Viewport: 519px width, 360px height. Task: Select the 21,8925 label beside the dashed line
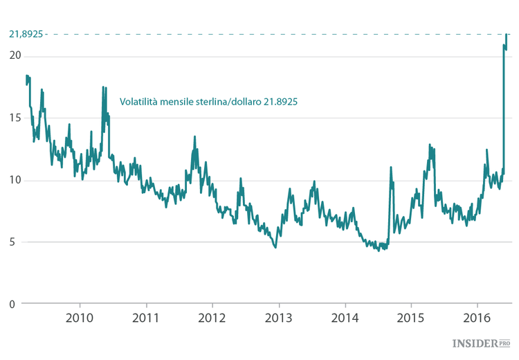click(26, 33)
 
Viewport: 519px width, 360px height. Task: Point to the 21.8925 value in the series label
click(280, 101)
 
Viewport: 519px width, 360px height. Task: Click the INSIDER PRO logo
click(481, 343)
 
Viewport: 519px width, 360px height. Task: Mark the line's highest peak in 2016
click(507, 33)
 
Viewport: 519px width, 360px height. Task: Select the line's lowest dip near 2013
click(275, 247)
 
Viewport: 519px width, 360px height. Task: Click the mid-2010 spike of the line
click(103, 87)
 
